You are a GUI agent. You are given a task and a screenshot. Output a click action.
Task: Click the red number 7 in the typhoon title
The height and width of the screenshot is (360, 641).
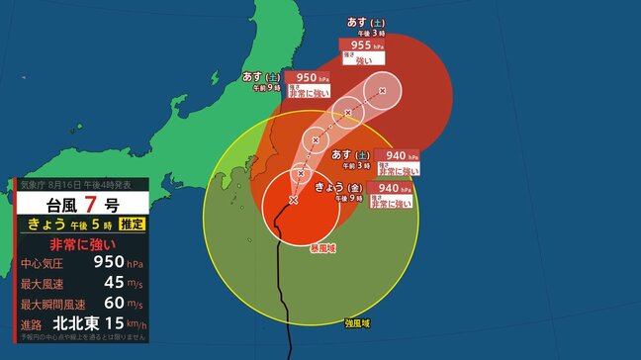[x=91, y=205]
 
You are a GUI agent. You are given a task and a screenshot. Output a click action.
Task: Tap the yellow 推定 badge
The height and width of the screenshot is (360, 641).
[x=132, y=225]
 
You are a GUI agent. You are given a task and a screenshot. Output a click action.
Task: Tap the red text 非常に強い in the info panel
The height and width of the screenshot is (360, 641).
[x=82, y=244]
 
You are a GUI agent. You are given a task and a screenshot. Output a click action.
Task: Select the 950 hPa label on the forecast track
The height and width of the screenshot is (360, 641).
[x=306, y=77]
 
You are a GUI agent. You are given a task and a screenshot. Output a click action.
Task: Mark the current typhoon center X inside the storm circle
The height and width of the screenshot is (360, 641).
[x=293, y=200]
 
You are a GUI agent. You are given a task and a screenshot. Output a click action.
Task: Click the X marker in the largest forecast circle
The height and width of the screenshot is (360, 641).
[x=382, y=91]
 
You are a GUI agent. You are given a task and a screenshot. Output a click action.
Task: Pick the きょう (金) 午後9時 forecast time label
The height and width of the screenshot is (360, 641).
[x=342, y=192]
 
